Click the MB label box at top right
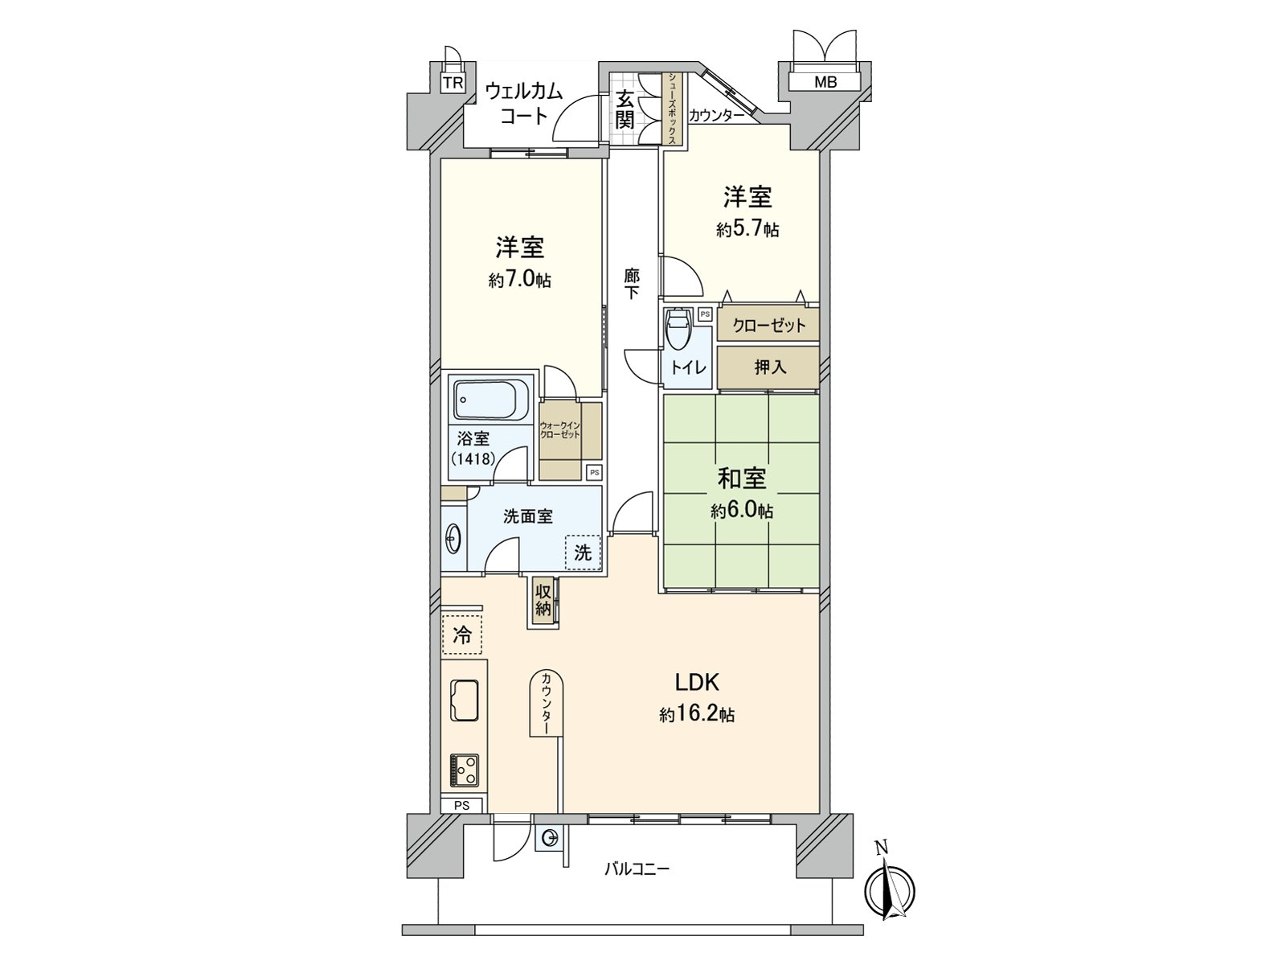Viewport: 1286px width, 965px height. (x=825, y=82)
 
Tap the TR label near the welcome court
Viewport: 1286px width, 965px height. (x=453, y=83)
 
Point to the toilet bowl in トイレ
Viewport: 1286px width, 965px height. (x=678, y=330)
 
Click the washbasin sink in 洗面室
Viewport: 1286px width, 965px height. (x=453, y=538)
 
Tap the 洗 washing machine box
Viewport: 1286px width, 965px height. (x=583, y=552)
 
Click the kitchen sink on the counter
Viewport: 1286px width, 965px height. (x=465, y=700)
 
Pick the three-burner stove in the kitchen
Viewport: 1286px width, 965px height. (x=465, y=770)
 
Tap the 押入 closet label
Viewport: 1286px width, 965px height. (x=769, y=368)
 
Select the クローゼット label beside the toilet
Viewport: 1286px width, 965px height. (x=769, y=326)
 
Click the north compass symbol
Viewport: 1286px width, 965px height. (x=890, y=889)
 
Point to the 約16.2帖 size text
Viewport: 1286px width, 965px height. (x=697, y=714)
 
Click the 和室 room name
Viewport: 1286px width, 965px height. (x=741, y=479)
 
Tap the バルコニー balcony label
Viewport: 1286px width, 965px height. (x=637, y=869)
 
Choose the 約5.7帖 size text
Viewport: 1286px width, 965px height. (x=747, y=230)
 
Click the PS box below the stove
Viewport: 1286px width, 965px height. (x=461, y=805)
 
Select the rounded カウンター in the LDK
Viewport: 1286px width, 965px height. (x=547, y=703)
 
